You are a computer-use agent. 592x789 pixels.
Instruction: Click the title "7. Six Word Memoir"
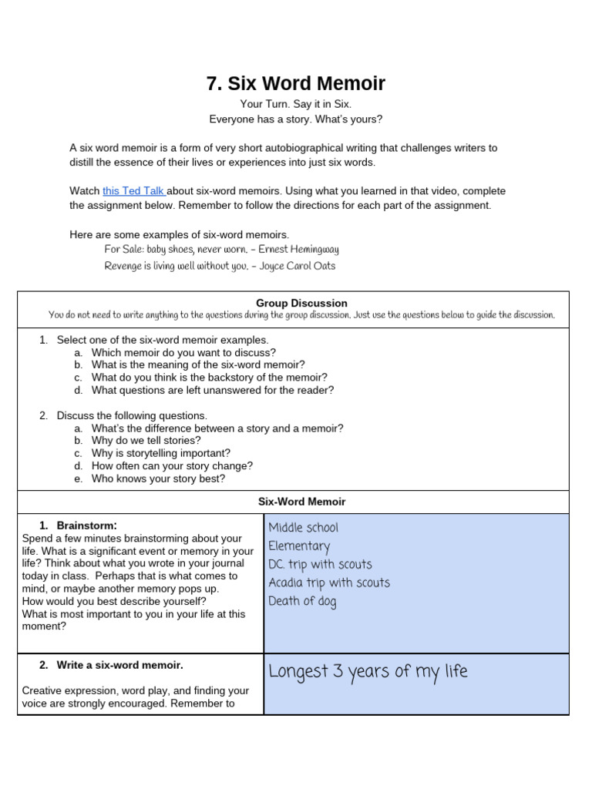coord(295,83)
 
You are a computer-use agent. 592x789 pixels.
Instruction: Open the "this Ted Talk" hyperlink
coord(133,190)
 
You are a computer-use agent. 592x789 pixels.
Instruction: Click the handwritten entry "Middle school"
coord(303,528)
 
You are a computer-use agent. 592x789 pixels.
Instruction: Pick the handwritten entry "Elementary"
coord(299,546)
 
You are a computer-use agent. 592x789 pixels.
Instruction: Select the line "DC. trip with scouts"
coord(320,565)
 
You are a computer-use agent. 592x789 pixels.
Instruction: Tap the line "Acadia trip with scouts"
coord(329,583)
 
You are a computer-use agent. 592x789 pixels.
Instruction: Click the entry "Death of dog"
coord(302,602)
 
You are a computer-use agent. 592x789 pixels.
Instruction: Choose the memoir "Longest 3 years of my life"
coord(368,672)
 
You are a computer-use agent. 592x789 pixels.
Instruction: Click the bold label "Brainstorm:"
coord(86,525)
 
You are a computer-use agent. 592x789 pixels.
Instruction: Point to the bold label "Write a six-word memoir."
coord(119,665)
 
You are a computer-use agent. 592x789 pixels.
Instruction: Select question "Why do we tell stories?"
coord(146,441)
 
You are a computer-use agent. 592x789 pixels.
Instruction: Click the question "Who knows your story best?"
coord(158,478)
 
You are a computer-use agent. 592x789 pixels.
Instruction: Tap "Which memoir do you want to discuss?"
coord(183,352)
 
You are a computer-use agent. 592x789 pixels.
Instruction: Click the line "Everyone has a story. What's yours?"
coord(295,119)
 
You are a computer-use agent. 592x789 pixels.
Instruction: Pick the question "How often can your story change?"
coord(172,466)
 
